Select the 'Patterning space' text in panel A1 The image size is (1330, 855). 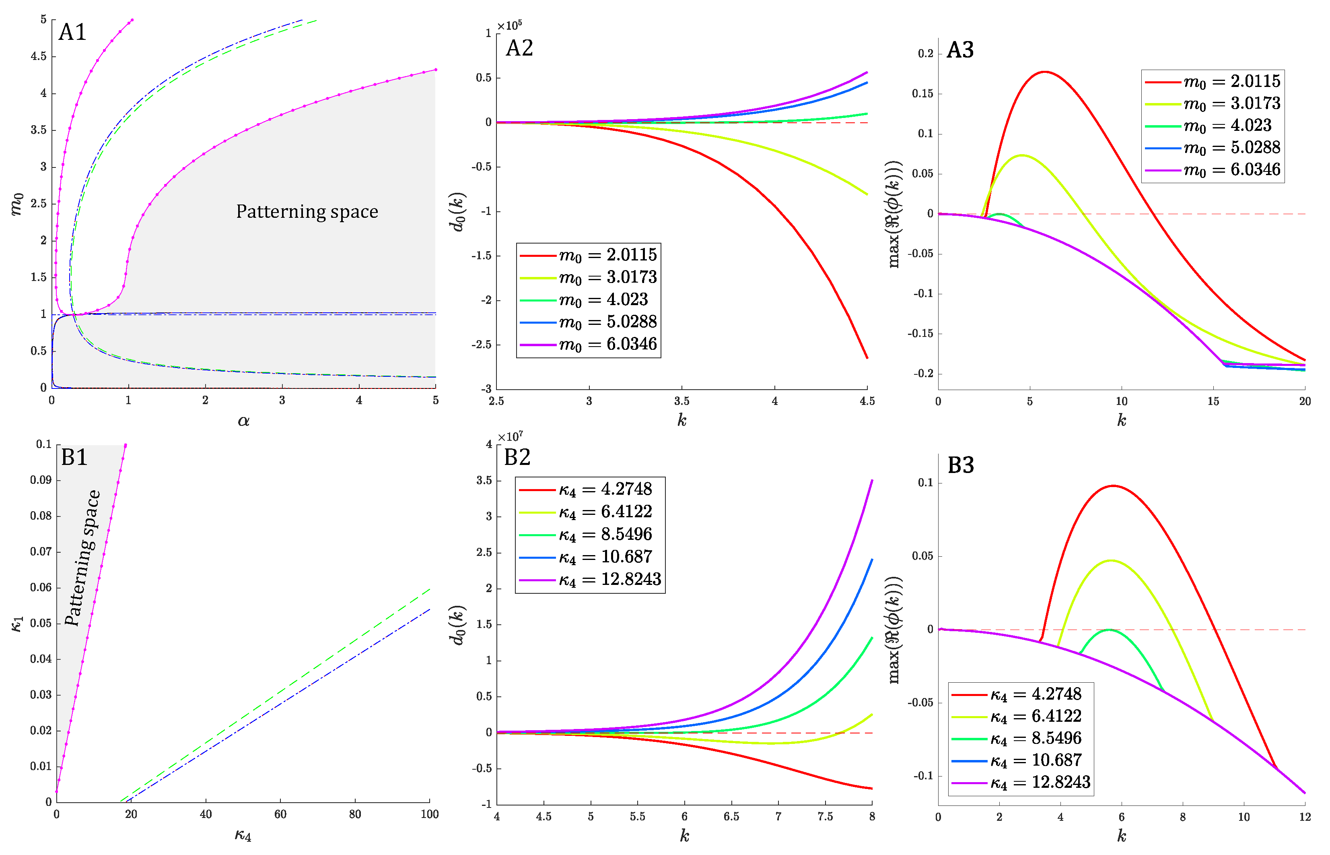pos(307,211)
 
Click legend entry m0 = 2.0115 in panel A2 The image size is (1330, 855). pos(588,255)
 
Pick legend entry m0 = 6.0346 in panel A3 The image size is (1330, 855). pos(1213,169)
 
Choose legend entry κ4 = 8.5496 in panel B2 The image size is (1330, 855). pos(585,534)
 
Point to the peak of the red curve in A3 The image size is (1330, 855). pos(1045,72)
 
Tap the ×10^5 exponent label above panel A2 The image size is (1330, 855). pos(509,25)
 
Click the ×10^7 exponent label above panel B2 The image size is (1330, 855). pos(509,437)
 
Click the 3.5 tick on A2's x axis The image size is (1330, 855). pos(681,401)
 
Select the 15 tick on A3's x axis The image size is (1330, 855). pos(1213,401)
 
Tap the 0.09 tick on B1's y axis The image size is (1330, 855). pos(41,480)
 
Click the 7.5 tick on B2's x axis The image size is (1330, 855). pos(825,816)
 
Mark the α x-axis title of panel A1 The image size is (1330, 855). pos(243,421)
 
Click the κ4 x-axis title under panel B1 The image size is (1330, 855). pos(243,835)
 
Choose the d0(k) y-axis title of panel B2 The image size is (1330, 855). pos(458,625)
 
